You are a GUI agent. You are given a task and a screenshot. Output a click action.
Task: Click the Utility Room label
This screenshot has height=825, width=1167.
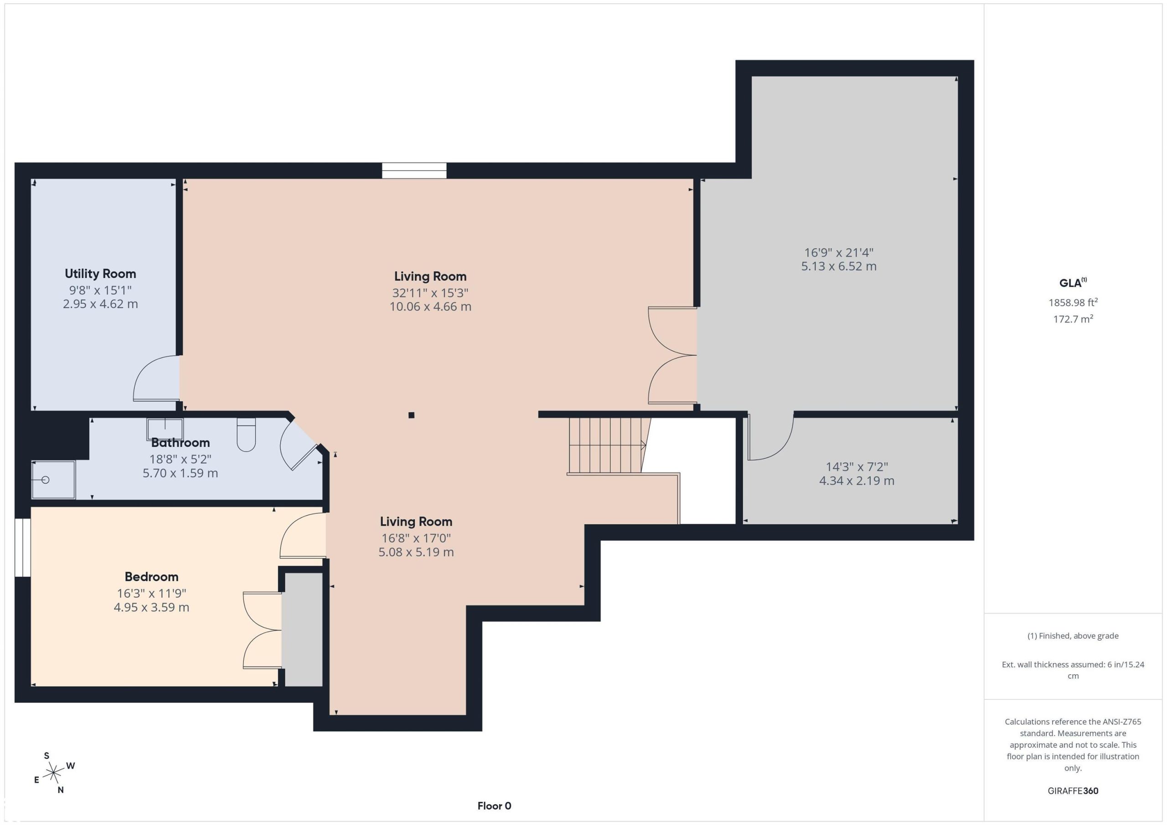(x=100, y=274)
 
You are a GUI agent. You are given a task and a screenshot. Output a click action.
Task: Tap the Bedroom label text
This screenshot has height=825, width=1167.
(x=151, y=577)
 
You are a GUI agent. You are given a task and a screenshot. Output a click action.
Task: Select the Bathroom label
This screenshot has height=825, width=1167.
(x=181, y=442)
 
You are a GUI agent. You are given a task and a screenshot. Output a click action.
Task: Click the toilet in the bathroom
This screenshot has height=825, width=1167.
(x=246, y=435)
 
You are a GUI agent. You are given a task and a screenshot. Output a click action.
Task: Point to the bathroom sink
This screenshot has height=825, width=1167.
(x=165, y=429)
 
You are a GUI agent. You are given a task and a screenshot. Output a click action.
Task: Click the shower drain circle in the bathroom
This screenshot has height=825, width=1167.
(x=45, y=480)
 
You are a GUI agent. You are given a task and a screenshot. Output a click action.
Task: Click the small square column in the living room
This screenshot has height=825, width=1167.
(x=411, y=415)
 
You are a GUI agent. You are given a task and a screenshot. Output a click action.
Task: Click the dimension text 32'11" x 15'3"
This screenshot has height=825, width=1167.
(x=430, y=292)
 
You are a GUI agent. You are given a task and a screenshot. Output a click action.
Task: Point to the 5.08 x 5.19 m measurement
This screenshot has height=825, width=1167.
(x=416, y=552)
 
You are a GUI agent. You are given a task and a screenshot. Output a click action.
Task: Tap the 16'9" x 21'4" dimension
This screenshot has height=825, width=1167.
(x=839, y=252)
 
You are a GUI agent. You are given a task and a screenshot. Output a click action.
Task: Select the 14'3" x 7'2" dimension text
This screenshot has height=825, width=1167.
(x=857, y=466)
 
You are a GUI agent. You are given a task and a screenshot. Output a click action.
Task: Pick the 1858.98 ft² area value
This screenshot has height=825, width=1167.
(x=1073, y=302)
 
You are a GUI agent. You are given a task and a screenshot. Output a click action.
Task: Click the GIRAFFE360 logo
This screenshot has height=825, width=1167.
(x=1073, y=790)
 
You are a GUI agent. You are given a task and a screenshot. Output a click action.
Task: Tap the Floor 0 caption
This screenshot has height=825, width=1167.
(x=494, y=806)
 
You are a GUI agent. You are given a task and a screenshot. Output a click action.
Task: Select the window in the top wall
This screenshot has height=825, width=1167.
(x=414, y=171)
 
